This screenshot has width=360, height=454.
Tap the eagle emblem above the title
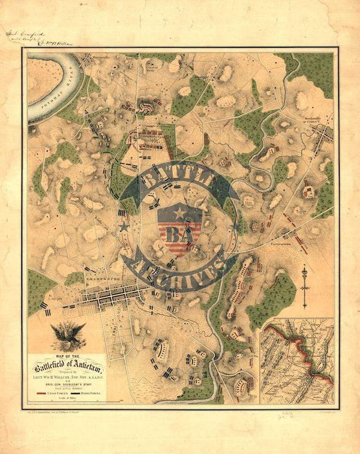pyautogui.click(x=67, y=336)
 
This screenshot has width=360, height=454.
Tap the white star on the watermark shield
pyautogui.click(x=178, y=213)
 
